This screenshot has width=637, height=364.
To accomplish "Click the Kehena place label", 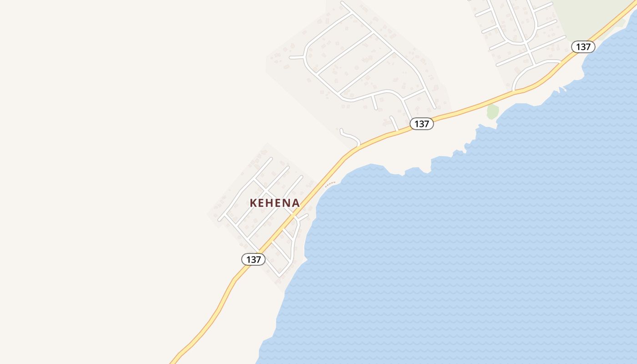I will [275, 203].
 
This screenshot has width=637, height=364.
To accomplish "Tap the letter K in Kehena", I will [253, 203].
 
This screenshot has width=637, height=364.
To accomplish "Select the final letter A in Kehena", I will [296, 203].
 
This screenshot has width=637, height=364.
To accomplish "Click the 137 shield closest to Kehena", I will [253, 259].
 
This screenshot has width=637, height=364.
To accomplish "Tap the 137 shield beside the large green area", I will [583, 47].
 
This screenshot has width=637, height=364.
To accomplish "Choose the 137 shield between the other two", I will [421, 124].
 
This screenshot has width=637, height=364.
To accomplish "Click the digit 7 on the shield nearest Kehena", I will [259, 259].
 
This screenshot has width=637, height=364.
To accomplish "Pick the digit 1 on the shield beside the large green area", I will [578, 47].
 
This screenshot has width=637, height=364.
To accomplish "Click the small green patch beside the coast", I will [492, 111].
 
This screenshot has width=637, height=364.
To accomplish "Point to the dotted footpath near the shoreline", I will [330, 184].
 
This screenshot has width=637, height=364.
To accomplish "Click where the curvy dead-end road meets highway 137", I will [359, 145].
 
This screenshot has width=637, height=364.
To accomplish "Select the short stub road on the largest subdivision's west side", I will [296, 57].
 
